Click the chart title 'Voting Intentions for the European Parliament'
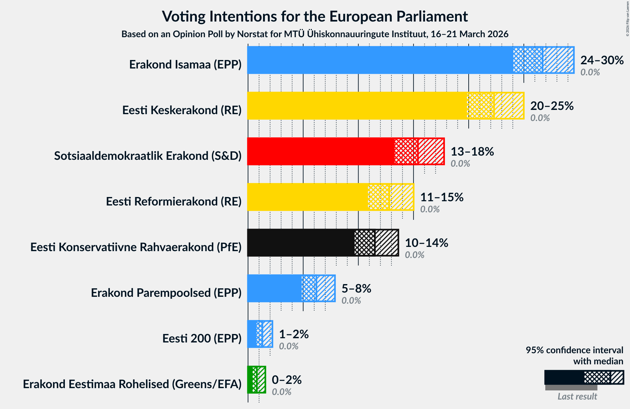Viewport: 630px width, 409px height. [x=315, y=16]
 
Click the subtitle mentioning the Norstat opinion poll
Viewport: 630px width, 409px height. [x=315, y=34]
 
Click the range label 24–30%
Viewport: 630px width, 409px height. [x=602, y=60]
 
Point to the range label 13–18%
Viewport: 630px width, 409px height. [x=472, y=151]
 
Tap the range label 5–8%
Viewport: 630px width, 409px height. [x=356, y=288]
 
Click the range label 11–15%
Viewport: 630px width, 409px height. [x=442, y=197]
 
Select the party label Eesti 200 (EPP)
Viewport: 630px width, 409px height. [x=202, y=338]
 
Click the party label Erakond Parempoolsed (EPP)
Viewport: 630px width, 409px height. [x=166, y=293]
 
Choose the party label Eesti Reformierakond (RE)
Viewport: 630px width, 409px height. [x=174, y=201]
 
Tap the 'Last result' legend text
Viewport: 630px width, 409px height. [x=577, y=396]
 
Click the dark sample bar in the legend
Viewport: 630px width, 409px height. [x=564, y=377]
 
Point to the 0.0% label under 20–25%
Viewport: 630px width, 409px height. [x=540, y=118]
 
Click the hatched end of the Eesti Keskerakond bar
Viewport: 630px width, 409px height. [x=509, y=106]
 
